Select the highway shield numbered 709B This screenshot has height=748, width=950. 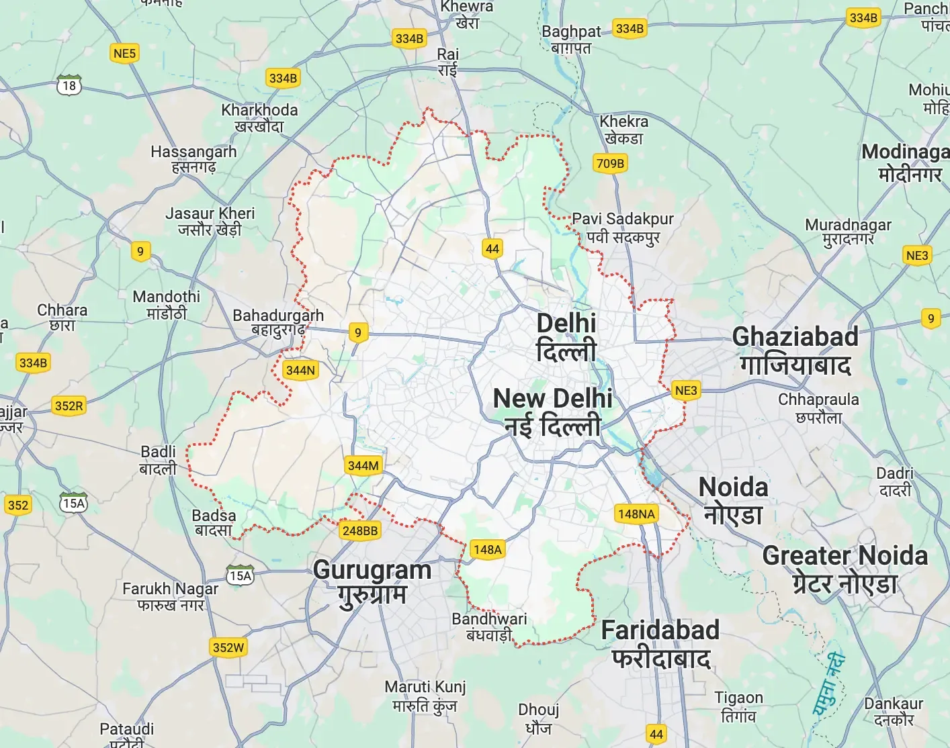point(610,163)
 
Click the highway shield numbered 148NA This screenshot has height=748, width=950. point(636,514)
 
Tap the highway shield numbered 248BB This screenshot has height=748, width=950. point(360,530)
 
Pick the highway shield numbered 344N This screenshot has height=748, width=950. point(300,370)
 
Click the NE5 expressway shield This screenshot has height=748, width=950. point(124,54)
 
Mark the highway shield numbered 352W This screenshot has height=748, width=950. point(228,647)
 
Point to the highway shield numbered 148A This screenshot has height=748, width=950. point(487,549)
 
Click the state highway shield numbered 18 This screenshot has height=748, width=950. point(69,85)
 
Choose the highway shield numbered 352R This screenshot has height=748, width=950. point(69,406)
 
